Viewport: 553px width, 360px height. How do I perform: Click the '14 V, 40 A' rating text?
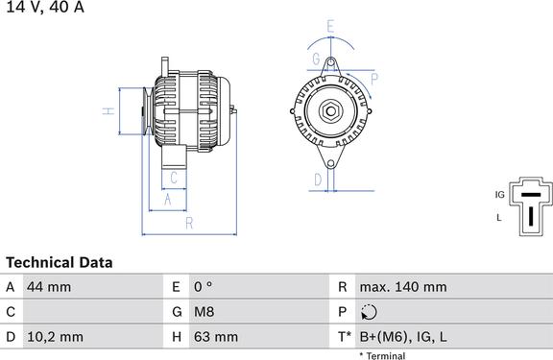tap(45, 7)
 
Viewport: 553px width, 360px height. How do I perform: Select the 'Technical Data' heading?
tap(60, 263)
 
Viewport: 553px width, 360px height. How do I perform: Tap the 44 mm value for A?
tap(49, 287)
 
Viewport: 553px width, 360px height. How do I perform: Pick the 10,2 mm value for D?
tap(55, 337)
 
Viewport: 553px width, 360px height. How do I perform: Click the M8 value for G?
tap(204, 312)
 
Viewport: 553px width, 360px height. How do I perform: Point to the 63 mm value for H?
tap(215, 337)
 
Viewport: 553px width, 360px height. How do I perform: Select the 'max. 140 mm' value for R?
tap(403, 287)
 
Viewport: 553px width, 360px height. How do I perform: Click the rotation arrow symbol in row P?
tap(369, 312)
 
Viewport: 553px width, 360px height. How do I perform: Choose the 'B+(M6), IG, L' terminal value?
tap(403, 337)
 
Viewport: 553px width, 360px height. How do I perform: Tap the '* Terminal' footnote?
tap(382, 356)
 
